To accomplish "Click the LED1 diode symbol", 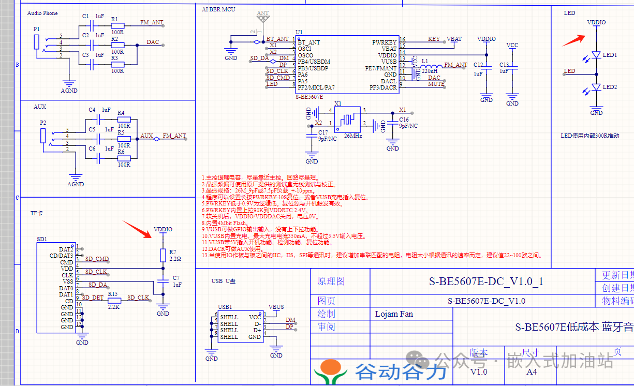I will [x=596, y=55].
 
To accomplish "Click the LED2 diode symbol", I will [x=596, y=87].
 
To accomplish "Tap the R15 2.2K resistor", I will [x=114, y=301].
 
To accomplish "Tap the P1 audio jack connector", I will [x=36, y=42].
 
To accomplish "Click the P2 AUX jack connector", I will [x=43, y=136].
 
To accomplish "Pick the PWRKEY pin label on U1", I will [x=384, y=42].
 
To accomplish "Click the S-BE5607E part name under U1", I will [x=309, y=97].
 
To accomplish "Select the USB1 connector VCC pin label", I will [x=255, y=317].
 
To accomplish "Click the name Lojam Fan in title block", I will [x=394, y=314].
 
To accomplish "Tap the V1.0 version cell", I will [x=479, y=372].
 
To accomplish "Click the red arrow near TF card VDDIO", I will [x=137, y=229].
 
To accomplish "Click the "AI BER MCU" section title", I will [x=218, y=9].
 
